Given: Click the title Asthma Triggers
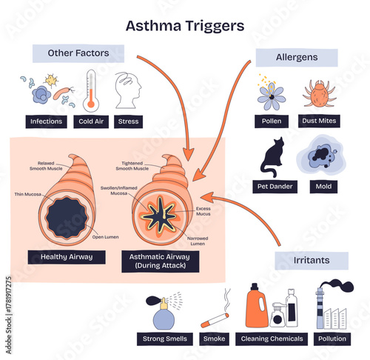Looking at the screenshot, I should pyautogui.click(x=184, y=26).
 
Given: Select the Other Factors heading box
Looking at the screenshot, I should pyautogui.click(x=78, y=53).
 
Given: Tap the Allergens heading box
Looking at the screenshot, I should pyautogui.click(x=296, y=57).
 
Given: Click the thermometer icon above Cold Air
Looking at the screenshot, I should pyautogui.click(x=92, y=90).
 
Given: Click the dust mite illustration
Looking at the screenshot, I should pyautogui.click(x=320, y=93).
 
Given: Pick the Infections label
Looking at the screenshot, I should pyautogui.click(x=44, y=120).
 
